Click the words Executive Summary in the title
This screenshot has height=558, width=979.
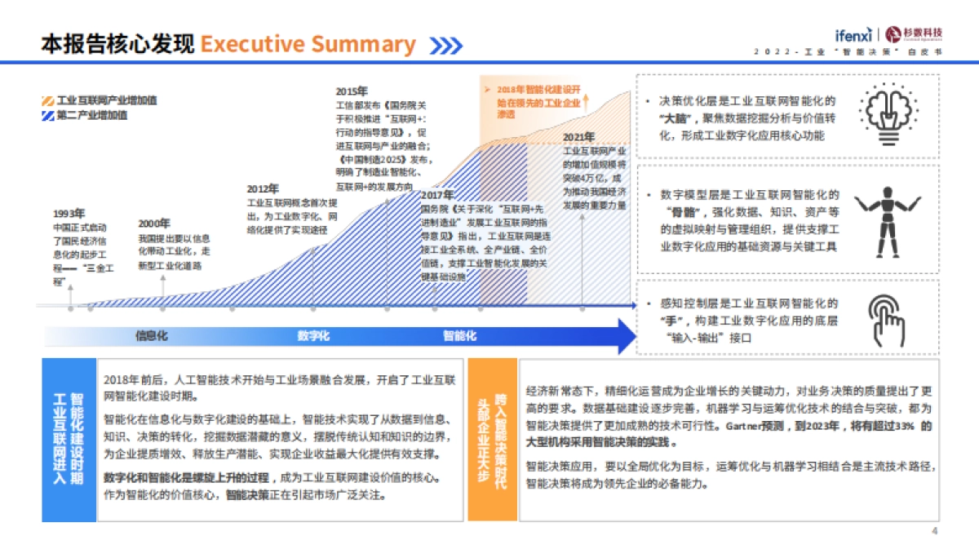(308, 44)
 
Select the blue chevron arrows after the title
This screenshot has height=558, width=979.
(446, 46)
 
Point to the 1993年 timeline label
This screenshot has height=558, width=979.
(69, 214)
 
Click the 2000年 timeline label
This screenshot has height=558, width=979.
(154, 223)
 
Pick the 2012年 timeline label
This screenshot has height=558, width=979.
(263, 188)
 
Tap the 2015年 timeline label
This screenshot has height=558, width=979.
(352, 91)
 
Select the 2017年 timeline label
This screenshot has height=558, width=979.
(437, 196)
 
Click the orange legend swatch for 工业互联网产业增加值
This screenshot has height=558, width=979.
(48, 100)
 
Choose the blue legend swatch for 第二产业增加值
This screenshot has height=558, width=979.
(48, 115)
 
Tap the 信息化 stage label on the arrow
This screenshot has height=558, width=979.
(152, 335)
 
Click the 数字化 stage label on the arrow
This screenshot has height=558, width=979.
(313, 335)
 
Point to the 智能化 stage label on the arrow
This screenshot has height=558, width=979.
(460, 335)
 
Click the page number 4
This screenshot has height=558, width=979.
(935, 532)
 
